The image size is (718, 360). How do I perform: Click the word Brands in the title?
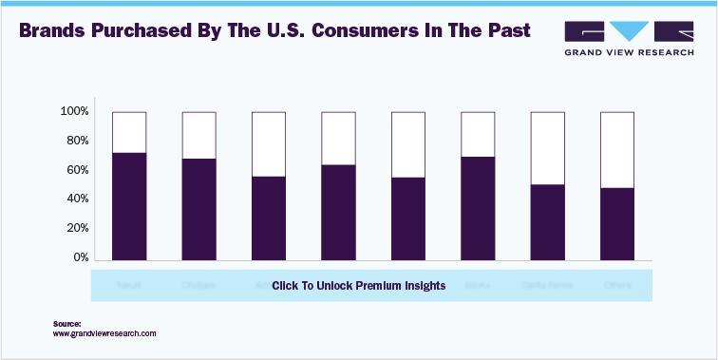point(51,30)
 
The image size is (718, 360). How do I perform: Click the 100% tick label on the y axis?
point(74,112)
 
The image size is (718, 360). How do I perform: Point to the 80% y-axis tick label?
point(77,142)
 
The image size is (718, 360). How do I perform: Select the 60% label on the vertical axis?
point(77,171)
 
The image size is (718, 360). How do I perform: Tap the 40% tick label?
point(77,199)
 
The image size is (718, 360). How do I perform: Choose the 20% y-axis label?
point(77,229)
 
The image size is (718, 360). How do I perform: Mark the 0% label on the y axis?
point(81,258)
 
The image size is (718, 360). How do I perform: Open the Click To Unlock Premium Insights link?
point(358,286)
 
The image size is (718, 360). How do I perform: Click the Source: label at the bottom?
point(66,324)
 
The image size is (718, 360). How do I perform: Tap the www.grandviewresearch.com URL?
point(104,334)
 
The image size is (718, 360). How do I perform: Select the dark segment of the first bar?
point(129,206)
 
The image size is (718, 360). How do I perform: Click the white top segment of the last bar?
point(617,150)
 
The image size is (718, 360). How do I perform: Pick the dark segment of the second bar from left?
point(199,209)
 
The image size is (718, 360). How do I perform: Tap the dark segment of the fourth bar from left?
point(338,212)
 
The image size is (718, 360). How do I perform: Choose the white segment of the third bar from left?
point(269,144)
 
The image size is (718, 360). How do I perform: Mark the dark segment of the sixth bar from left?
point(478,208)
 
